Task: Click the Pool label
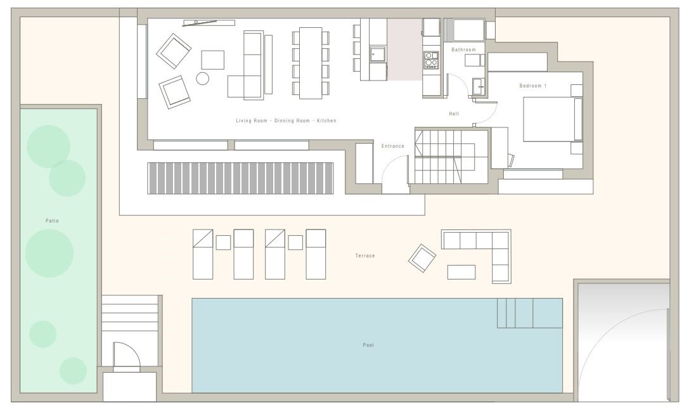tap(368, 345)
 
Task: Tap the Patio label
tap(52, 221)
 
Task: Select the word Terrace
tap(365, 255)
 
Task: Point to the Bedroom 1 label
tap(533, 86)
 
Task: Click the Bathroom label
tap(463, 49)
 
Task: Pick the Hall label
tap(454, 113)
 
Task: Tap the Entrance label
tap(393, 146)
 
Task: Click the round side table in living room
tap(203, 78)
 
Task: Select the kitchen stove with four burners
tap(431, 60)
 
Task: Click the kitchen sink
tap(377, 55)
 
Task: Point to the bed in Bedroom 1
tap(553, 119)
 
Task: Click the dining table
tap(311, 63)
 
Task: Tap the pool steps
tap(530, 313)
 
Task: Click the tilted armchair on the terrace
tap(422, 258)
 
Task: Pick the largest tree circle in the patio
tap(49, 254)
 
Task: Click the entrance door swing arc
tap(386, 165)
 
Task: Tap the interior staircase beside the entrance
tap(445, 157)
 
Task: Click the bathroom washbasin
tap(479, 87)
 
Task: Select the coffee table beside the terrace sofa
tap(461, 272)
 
